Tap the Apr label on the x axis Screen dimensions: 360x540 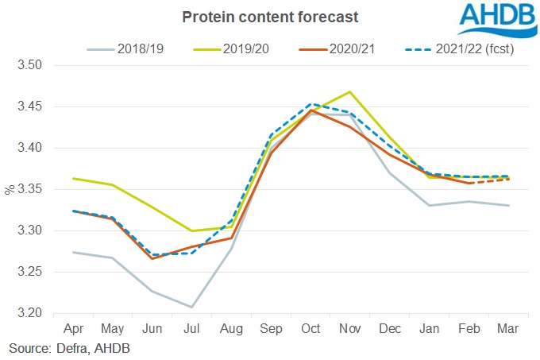pyautogui.click(x=74, y=328)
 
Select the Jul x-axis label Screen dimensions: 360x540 pyautogui.click(x=191, y=328)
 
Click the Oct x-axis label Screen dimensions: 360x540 pyautogui.click(x=310, y=328)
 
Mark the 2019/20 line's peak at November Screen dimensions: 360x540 pyautogui.click(x=349, y=91)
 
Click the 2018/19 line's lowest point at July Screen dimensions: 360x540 pyautogui.click(x=192, y=307)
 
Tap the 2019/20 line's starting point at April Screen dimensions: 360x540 pyautogui.click(x=74, y=178)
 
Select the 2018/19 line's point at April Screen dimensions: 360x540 pyautogui.click(x=74, y=252)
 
